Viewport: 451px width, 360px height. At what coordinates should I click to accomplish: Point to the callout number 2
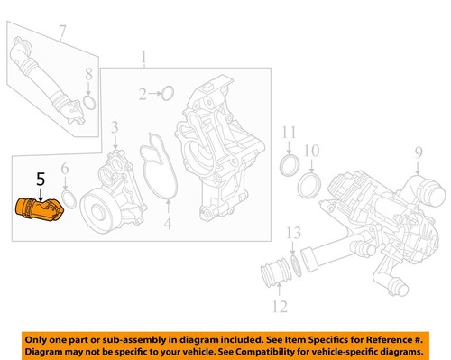[x=143, y=93]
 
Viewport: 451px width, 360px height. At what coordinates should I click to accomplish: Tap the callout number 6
[x=64, y=169]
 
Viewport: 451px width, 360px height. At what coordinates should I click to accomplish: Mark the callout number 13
[x=292, y=234]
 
